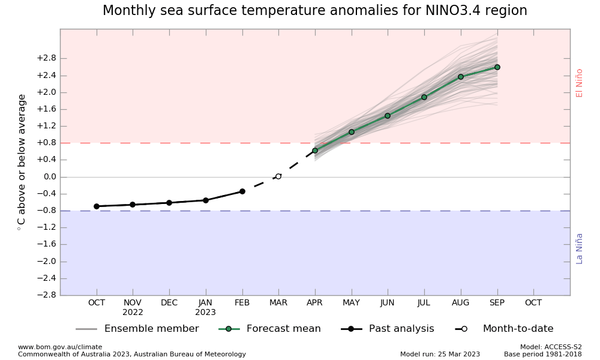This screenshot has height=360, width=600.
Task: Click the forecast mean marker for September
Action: tap(497, 67)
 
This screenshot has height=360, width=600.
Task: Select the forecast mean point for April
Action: tap(315, 151)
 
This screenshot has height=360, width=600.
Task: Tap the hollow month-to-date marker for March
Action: tap(278, 176)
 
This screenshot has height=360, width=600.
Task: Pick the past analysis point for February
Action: tap(242, 191)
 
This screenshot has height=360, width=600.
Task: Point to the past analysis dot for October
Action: tap(97, 206)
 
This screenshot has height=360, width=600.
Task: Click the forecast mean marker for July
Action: tap(424, 97)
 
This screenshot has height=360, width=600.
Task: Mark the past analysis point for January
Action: tap(206, 200)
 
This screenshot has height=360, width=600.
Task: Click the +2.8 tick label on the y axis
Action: tap(46, 58)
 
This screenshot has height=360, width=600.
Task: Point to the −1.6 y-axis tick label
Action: tap(46, 244)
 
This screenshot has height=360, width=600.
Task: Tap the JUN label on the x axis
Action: tap(388, 303)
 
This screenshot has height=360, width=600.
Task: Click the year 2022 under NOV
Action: tap(133, 313)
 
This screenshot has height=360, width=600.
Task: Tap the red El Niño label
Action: tap(580, 83)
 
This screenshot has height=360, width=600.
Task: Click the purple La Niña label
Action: tap(580, 248)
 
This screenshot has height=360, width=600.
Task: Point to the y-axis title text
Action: tap(22, 162)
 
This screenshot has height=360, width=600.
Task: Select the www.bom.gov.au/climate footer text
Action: tap(60, 347)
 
